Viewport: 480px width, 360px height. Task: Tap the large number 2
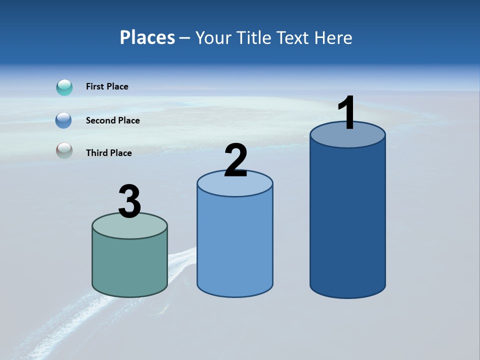pos(235,160)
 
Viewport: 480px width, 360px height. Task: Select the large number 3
pos(129,201)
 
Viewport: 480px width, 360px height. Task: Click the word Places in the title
pos(147,37)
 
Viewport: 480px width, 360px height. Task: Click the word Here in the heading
pos(334,37)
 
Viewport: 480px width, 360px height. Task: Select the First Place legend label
pos(107,86)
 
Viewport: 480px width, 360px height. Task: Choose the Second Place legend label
pos(112,120)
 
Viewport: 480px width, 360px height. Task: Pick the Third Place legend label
pos(108,153)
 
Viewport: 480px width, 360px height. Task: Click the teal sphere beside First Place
pos(64,87)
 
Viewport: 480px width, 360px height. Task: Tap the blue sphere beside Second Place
pos(64,120)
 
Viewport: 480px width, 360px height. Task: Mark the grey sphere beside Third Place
pos(64,150)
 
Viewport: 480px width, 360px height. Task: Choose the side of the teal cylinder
pos(129,265)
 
